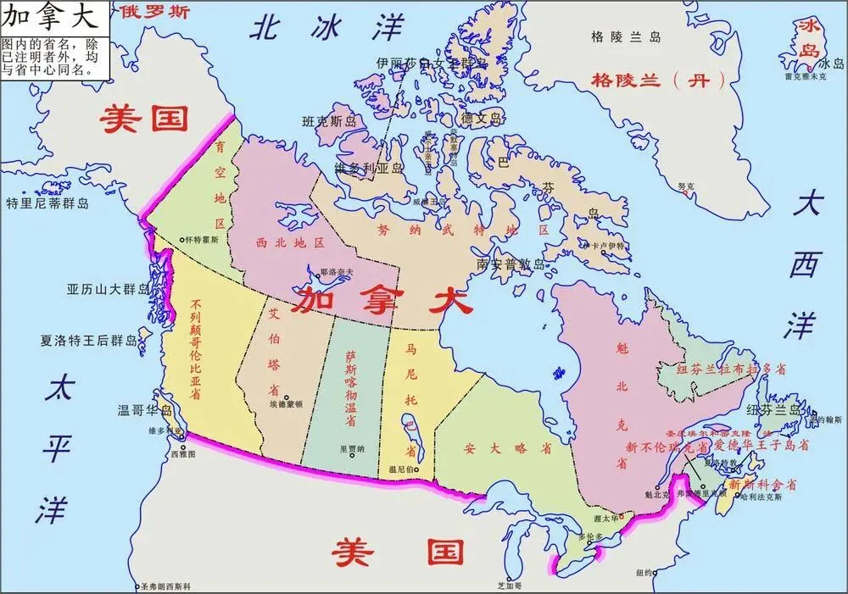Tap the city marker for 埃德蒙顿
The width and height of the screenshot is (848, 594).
tap(287, 397)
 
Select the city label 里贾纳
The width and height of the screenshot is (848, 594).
tap(351, 450)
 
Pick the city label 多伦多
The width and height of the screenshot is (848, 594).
tap(592, 536)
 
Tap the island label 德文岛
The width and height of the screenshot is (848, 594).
tap(482, 119)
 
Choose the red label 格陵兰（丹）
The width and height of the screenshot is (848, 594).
tap(659, 80)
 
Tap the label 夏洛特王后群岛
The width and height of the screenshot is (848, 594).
tap(88, 341)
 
